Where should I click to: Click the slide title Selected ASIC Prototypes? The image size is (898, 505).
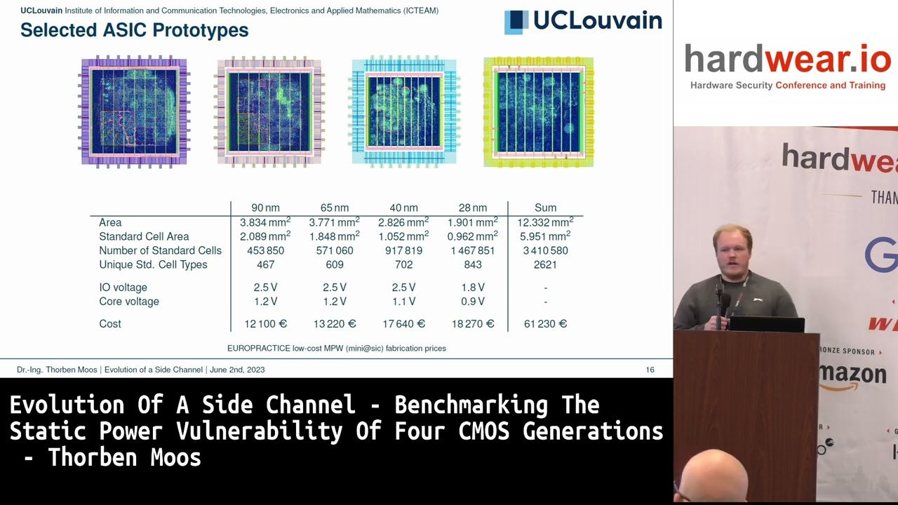pos(134,30)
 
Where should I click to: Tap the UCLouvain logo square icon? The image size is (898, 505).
pos(516,22)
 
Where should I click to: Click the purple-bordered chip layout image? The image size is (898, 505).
pos(134,112)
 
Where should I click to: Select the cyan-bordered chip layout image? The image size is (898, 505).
pos(404,112)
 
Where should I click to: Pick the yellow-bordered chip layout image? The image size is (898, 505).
pos(538,112)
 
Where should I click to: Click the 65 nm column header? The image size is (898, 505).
pos(335,208)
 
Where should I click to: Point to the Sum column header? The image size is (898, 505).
pos(545,208)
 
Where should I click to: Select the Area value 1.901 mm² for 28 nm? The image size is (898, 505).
pos(473,222)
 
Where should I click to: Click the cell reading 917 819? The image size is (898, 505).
pos(403,250)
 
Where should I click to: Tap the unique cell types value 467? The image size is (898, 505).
pos(265,264)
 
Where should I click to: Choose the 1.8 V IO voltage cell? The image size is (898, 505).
pos(473,288)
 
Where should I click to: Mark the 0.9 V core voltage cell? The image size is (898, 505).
pos(473,302)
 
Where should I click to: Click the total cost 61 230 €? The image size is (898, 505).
pos(545,324)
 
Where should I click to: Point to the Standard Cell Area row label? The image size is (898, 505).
pos(144,236)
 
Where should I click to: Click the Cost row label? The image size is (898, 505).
pos(110,324)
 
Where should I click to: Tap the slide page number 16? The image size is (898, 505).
pos(650,370)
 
